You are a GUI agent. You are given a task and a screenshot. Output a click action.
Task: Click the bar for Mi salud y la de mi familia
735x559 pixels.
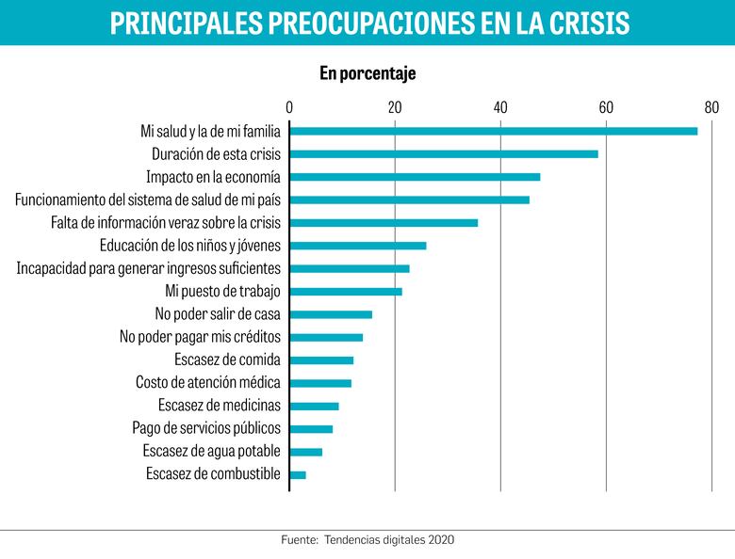click(x=493, y=131)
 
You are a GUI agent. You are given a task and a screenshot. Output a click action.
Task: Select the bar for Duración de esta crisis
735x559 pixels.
click(x=443, y=153)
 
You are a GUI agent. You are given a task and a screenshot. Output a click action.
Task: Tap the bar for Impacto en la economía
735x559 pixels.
click(x=415, y=177)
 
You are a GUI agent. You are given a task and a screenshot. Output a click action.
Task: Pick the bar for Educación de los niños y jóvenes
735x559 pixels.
click(x=357, y=246)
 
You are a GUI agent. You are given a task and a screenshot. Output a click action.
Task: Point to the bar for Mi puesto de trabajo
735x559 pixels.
click(x=345, y=292)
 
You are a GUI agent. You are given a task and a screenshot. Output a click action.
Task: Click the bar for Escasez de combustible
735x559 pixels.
click(x=297, y=474)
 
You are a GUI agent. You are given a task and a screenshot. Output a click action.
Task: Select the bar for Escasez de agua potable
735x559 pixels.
click(x=305, y=452)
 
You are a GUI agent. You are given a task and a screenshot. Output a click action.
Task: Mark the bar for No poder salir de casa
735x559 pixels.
click(x=330, y=314)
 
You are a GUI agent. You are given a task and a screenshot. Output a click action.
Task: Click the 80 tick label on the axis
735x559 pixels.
click(x=710, y=105)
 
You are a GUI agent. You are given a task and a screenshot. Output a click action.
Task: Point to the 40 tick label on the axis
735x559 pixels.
click(x=500, y=105)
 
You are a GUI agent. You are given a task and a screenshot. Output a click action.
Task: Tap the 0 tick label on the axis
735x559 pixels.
click(x=289, y=105)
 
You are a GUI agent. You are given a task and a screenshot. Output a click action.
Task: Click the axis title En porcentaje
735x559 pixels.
click(x=367, y=73)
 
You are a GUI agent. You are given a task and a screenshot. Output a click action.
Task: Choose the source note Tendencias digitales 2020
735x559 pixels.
click(x=388, y=540)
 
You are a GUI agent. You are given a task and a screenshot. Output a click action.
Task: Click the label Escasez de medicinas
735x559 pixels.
click(x=219, y=406)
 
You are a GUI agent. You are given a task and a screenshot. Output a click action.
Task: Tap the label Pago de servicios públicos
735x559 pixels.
click(x=206, y=428)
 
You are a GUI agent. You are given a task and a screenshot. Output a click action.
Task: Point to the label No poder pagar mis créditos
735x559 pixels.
click(x=200, y=337)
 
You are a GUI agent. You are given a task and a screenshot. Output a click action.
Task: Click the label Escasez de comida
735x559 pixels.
click(x=227, y=359)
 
